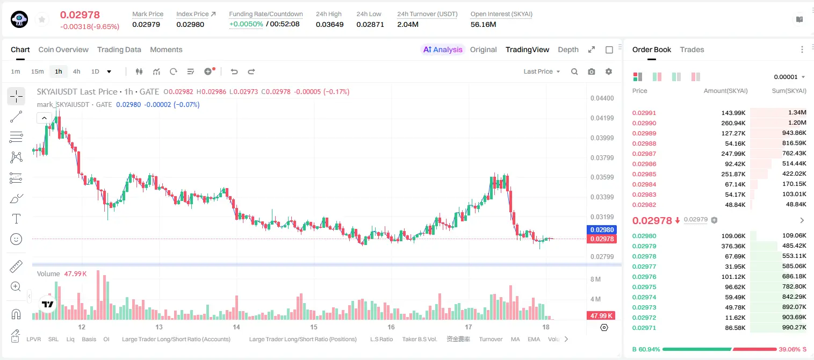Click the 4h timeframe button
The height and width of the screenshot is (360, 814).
pyautogui.click(x=76, y=71)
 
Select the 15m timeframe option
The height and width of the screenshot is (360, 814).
pyautogui.click(x=38, y=71)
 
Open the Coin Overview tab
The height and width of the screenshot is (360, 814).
pyautogui.click(x=63, y=49)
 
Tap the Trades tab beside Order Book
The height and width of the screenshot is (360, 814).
pyautogui.click(x=692, y=49)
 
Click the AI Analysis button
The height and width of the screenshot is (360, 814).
pyautogui.click(x=443, y=49)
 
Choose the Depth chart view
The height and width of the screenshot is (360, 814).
pyautogui.click(x=568, y=49)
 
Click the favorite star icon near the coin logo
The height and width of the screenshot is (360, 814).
pyautogui.click(x=42, y=19)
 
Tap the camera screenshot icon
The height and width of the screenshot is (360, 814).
pyautogui.click(x=592, y=71)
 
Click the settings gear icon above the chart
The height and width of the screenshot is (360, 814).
pyautogui.click(x=609, y=71)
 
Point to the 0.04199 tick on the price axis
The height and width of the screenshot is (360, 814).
pyautogui.click(x=602, y=118)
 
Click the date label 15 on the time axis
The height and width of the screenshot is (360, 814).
pyautogui.click(x=314, y=327)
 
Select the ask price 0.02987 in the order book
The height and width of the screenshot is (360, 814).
pyautogui.click(x=644, y=154)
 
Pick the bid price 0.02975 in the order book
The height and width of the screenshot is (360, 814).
pyautogui.click(x=644, y=286)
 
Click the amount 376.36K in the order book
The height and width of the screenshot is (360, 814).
pyautogui.click(x=733, y=246)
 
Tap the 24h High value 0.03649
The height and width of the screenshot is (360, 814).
pyautogui.click(x=329, y=24)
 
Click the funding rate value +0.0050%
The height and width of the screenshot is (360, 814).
pyautogui.click(x=246, y=24)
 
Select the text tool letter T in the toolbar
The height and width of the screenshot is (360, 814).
pyautogui.click(x=16, y=219)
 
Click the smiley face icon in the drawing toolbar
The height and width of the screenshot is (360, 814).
pyautogui.click(x=16, y=239)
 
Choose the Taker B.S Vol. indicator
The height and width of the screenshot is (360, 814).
pyautogui.click(x=419, y=339)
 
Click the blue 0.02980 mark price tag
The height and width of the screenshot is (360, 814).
pyautogui.click(x=602, y=229)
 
